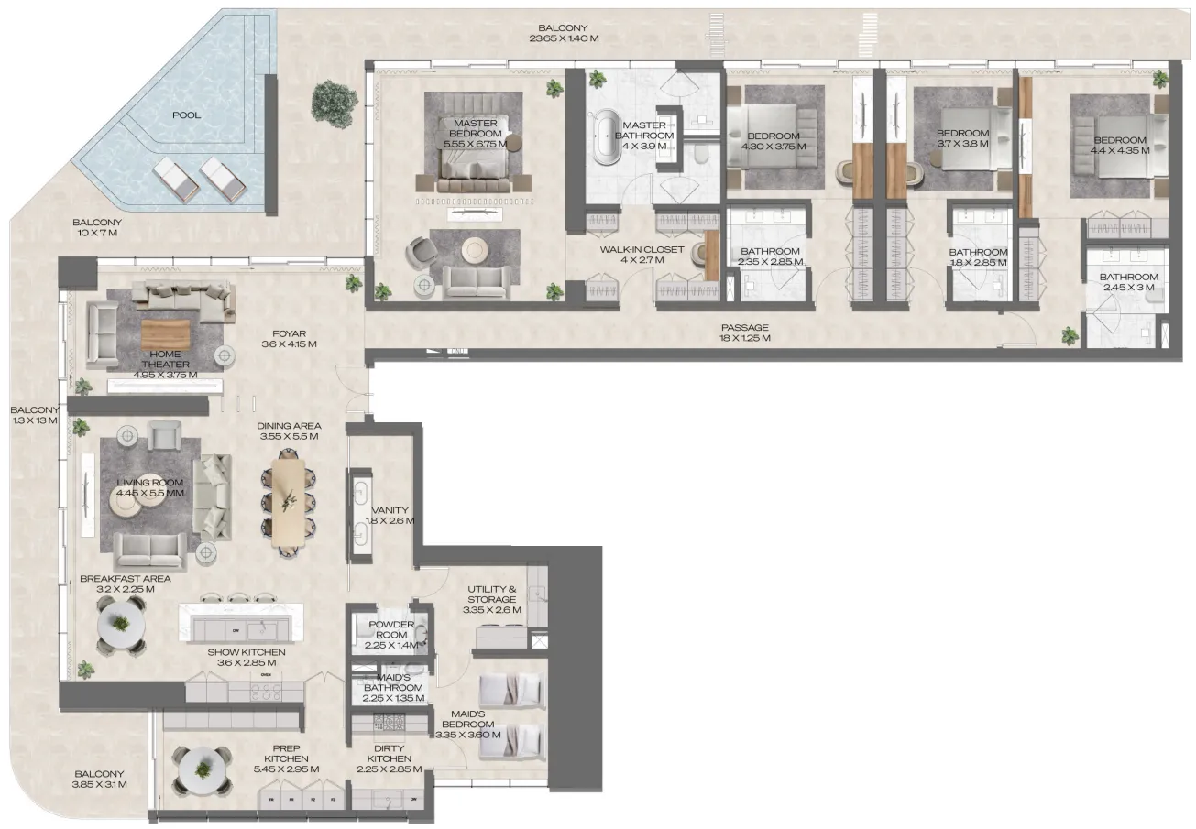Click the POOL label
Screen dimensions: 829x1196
coord(186,115)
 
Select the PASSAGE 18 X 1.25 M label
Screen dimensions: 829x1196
coord(744,333)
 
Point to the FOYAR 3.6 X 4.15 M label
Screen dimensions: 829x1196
coord(289,339)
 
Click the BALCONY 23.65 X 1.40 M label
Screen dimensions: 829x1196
coord(564,33)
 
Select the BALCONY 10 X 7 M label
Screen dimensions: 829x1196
coord(96,228)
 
